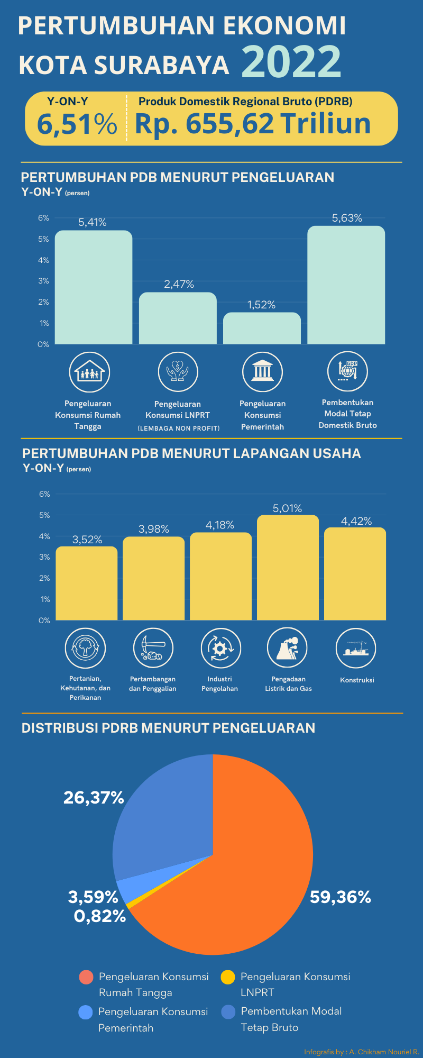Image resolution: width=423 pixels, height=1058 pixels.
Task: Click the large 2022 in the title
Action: tap(291, 61)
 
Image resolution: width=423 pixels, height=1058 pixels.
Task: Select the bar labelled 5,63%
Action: tap(346, 285)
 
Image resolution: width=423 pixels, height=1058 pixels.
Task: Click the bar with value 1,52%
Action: tap(262, 329)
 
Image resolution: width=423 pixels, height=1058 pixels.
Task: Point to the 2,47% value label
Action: tap(179, 284)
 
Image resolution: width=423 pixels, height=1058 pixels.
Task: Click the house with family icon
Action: tap(89, 372)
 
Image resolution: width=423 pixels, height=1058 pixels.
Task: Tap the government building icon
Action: tap(262, 372)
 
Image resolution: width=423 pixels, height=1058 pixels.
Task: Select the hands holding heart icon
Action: tap(178, 372)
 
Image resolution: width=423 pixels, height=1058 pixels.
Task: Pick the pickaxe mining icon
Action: tap(153, 648)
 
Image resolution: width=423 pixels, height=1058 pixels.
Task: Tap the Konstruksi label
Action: tap(357, 680)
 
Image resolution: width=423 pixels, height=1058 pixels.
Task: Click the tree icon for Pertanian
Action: tap(85, 648)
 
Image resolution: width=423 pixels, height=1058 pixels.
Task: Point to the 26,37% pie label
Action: tap(94, 797)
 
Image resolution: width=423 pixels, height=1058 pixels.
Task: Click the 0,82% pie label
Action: tap(100, 916)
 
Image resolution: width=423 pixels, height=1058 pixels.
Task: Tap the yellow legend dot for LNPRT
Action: tap(228, 977)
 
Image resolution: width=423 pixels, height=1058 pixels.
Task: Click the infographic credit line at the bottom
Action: tap(361, 1052)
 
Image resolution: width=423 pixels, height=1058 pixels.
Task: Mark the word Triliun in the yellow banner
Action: tap(326, 124)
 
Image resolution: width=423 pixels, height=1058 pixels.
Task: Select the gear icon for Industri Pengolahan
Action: tap(220, 648)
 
